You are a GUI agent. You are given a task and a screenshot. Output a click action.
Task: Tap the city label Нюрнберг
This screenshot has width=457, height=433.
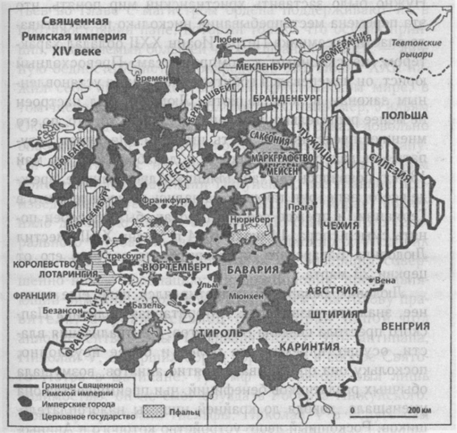[x=249, y=220]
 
